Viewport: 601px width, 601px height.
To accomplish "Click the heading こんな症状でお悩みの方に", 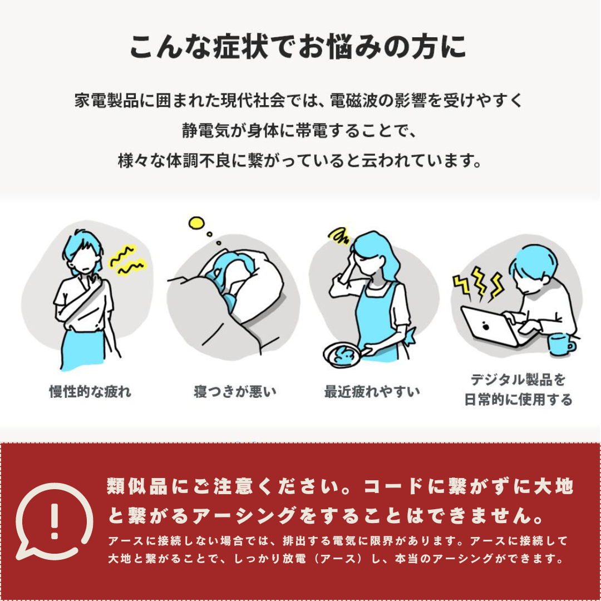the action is (298, 47).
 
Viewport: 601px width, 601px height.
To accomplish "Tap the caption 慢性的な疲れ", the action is (91, 392).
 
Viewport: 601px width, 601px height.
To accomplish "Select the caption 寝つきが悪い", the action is (235, 392).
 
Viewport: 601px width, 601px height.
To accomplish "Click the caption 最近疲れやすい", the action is (372, 392).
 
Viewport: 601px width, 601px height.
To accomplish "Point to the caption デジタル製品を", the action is (518, 380).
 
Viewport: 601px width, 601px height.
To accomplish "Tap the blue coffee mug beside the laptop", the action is (561, 344).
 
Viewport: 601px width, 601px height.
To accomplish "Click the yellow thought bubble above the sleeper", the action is (196, 223).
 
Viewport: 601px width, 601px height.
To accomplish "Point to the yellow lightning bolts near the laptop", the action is (477, 284).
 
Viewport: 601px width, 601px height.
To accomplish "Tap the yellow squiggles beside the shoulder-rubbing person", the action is (127, 260).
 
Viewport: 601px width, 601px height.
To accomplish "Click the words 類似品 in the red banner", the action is (137, 486).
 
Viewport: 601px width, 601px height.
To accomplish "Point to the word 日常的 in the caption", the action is (484, 400).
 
